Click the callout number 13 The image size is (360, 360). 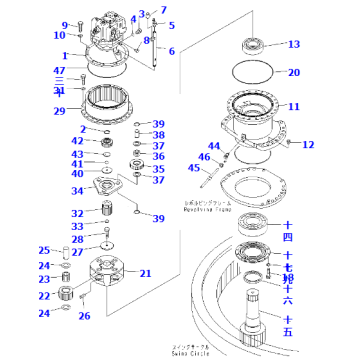[x=293, y=45]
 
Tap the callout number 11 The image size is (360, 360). [x=293, y=106]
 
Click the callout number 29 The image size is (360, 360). [x=59, y=110]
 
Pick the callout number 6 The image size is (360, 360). [x=171, y=51]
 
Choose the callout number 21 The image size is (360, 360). [x=173, y=273]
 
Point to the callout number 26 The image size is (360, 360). [x=112, y=316]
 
